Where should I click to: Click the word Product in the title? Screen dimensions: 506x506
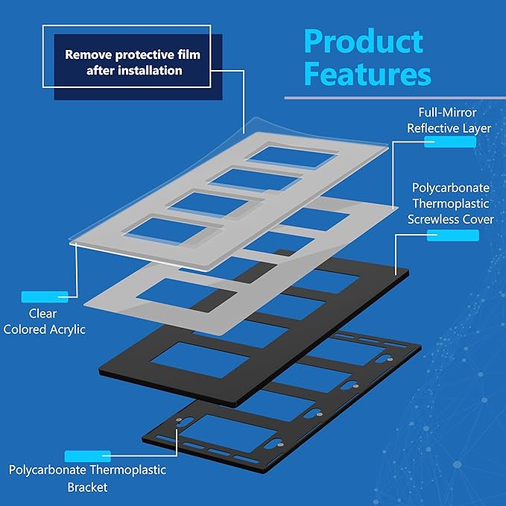(x=364, y=41)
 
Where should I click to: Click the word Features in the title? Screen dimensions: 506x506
(x=367, y=74)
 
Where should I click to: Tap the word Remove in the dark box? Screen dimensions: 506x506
(x=88, y=54)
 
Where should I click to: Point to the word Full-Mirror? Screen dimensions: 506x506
(x=447, y=113)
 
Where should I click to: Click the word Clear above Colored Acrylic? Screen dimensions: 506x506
(x=42, y=313)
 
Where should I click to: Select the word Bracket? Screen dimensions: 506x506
(x=87, y=487)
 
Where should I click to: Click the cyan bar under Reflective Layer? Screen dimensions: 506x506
(x=450, y=142)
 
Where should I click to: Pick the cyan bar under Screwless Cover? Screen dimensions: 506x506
(x=453, y=235)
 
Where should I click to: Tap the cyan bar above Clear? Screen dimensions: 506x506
(x=45, y=297)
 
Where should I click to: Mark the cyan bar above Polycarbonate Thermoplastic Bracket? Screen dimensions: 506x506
(x=88, y=456)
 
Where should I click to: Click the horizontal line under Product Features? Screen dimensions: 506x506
(x=395, y=98)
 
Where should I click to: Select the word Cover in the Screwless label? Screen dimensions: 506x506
(x=478, y=219)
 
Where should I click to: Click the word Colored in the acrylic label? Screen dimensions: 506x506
(x=25, y=329)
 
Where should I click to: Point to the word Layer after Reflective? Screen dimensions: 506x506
(x=477, y=128)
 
